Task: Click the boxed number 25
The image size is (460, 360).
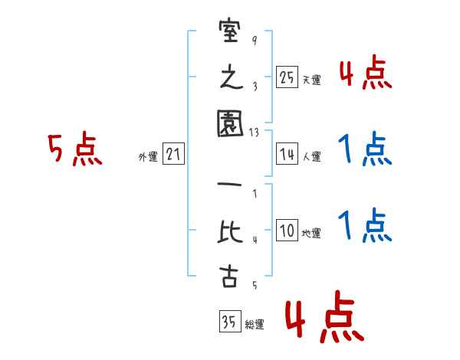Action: point(287,77)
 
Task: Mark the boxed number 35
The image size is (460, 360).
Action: point(228,322)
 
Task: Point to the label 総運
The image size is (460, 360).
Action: point(254,325)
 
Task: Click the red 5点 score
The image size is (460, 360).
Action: point(74,150)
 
